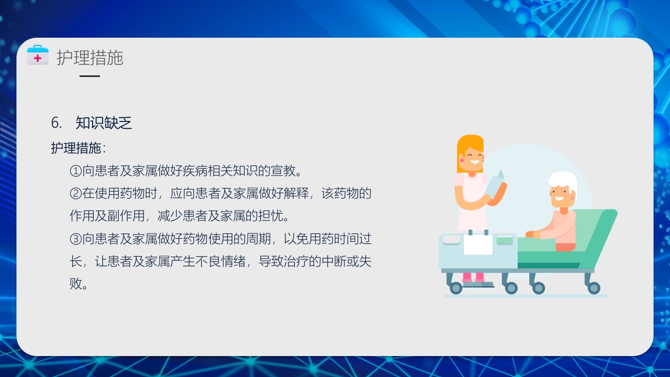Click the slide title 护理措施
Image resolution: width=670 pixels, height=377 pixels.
[90, 58]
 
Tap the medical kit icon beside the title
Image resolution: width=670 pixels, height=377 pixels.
[38, 56]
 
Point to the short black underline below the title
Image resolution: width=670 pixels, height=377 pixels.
[90, 76]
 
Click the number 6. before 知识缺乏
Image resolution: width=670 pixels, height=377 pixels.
[56, 123]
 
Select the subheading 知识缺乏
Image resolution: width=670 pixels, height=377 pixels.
[104, 123]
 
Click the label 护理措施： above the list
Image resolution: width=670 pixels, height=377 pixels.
[78, 148]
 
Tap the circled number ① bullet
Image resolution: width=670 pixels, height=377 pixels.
[75, 171]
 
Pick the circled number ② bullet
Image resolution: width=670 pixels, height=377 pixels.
[75, 194]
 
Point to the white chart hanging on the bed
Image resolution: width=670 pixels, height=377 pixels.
[478, 244]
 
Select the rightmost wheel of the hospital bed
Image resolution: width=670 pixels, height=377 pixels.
[594, 288]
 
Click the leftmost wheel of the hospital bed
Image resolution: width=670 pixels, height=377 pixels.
[456, 288]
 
